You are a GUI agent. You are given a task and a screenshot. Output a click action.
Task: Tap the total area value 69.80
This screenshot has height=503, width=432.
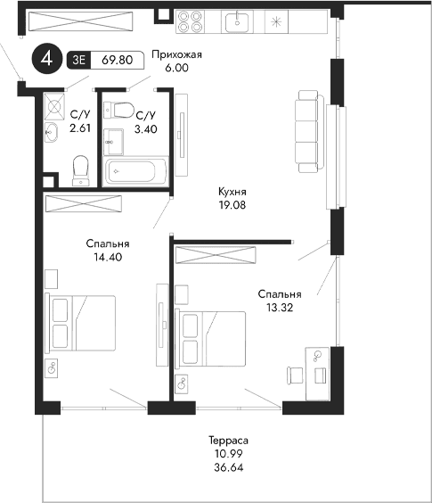[118, 60]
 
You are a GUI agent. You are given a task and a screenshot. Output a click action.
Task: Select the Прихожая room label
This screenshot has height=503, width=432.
[177, 54]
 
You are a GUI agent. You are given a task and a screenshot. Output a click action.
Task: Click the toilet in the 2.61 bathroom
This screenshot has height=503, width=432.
[80, 169]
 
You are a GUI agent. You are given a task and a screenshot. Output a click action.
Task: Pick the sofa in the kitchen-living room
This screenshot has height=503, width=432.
[307, 131]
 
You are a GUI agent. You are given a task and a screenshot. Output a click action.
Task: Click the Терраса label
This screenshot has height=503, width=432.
[228, 441]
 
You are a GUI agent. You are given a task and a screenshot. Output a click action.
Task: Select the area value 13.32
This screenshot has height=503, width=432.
[279, 307]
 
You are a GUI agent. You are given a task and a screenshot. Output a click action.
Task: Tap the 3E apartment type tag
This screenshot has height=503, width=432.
[77, 60]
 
